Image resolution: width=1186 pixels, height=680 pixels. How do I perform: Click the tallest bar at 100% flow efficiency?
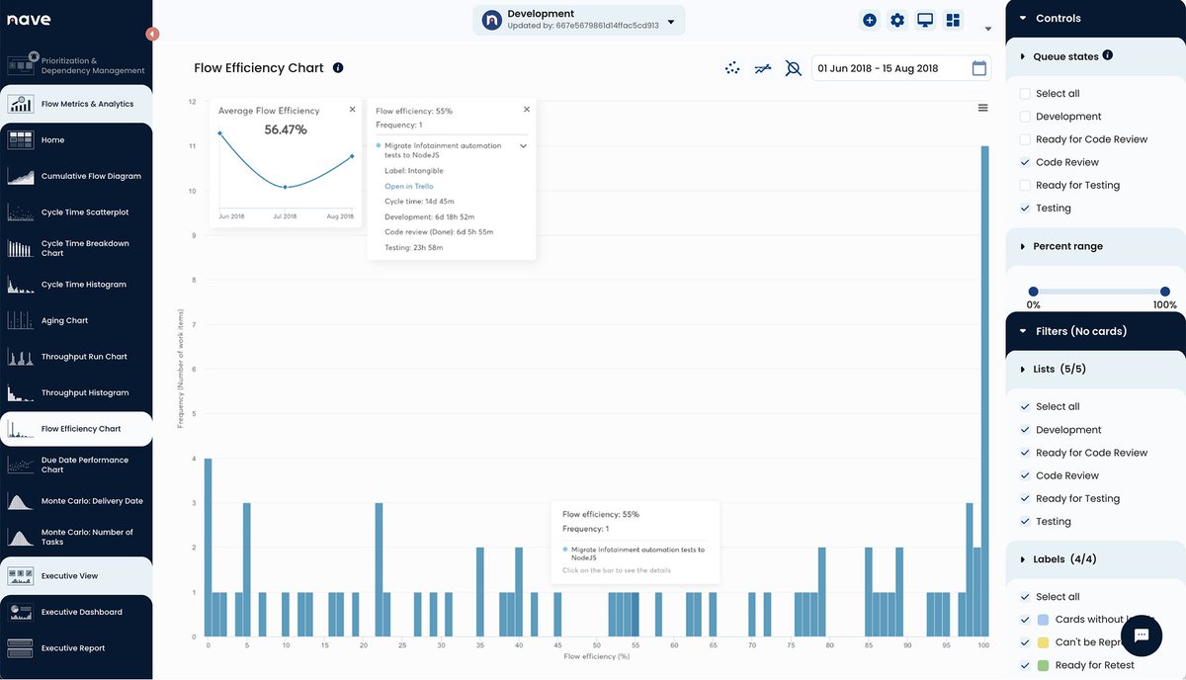[984, 395]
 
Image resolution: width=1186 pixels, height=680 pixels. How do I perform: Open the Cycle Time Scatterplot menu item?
[84, 212]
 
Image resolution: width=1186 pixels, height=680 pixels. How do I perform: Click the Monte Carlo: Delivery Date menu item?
[91, 501]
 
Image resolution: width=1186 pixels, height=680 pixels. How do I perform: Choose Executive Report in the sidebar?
[72, 648]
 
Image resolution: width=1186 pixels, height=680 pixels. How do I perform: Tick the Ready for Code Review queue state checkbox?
[1025, 139]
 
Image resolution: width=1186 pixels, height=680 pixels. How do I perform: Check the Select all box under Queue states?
[1025, 94]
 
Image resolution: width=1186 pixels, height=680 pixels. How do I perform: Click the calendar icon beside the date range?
[978, 68]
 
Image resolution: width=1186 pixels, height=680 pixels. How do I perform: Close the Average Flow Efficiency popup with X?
[353, 110]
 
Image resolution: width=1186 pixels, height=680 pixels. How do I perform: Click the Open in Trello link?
[408, 187]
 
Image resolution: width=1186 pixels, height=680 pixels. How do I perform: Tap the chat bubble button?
[1141, 635]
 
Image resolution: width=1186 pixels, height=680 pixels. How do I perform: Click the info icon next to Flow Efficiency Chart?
[338, 68]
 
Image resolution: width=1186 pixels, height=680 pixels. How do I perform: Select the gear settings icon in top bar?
[896, 20]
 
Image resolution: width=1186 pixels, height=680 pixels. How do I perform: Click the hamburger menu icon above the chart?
[982, 108]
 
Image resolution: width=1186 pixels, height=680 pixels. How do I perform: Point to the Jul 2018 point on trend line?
[285, 187]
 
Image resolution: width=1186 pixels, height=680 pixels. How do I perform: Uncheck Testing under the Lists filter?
[1025, 522]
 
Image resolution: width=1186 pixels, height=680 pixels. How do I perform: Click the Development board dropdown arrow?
[671, 21]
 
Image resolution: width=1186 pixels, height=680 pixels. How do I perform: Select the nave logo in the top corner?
[29, 20]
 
